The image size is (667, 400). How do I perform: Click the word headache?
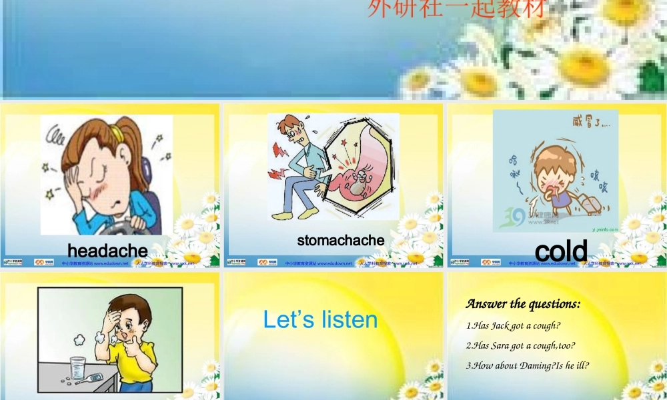point(107,250)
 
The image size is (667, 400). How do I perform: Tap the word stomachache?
point(341,240)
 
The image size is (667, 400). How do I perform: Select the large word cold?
point(561,251)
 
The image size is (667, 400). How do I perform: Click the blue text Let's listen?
point(320,319)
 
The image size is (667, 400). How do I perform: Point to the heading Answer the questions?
point(523,304)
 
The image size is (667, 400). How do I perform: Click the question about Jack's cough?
point(513,325)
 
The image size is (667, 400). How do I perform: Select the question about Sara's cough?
point(520,345)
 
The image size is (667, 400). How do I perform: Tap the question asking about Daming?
point(527,365)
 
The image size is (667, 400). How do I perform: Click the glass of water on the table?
point(79,367)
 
